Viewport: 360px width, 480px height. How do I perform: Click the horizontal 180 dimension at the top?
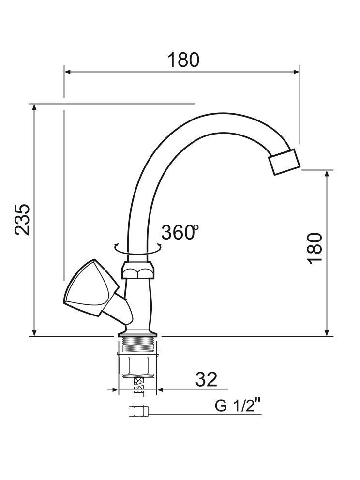point(183,60)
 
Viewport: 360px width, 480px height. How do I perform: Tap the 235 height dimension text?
point(22,219)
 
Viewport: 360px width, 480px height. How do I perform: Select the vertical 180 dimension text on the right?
point(315,248)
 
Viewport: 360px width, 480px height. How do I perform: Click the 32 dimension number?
point(206,379)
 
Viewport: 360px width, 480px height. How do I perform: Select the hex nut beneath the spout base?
point(138,270)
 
